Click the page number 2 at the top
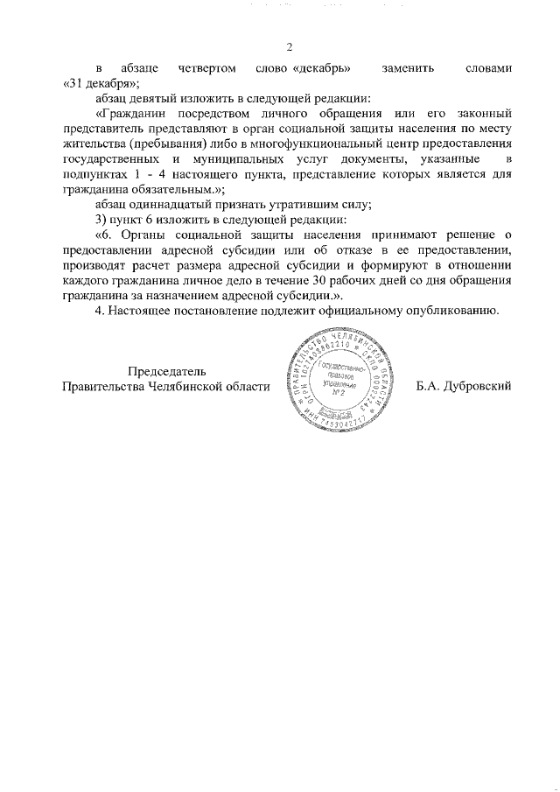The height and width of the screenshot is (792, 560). click(x=289, y=47)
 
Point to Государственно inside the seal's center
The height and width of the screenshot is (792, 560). click(x=338, y=365)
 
